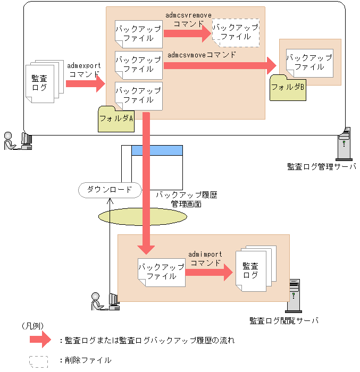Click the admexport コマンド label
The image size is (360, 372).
pyautogui.click(x=84, y=70)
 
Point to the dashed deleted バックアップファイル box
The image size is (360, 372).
pyautogui.click(x=236, y=32)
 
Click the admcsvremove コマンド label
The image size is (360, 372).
pyautogui.click(x=188, y=20)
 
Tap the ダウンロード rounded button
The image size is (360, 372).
pyautogui.click(x=109, y=190)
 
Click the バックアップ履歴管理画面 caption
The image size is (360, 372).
pyautogui.click(x=186, y=199)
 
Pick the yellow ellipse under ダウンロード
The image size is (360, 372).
pyautogui.click(x=143, y=216)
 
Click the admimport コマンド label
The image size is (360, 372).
pyautogui.click(x=205, y=259)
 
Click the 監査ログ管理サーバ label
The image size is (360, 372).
pyautogui.click(x=321, y=167)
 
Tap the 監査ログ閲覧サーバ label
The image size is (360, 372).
pyautogui.click(x=284, y=321)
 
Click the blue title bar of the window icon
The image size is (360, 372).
pyautogui.click(x=156, y=150)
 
